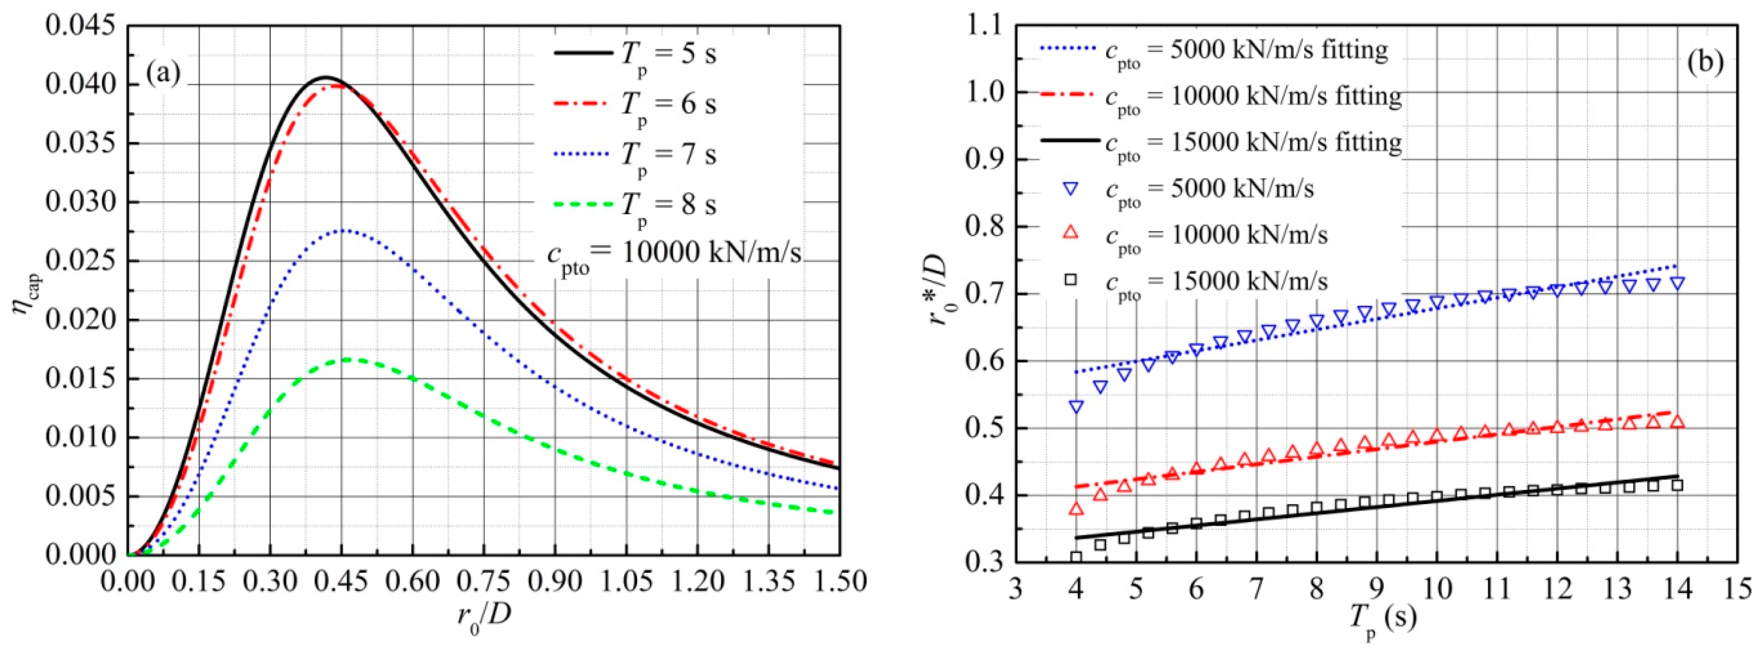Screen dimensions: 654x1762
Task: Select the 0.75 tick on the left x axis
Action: [x=483, y=582]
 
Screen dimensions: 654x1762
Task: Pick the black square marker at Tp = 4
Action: [x=1076, y=557]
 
